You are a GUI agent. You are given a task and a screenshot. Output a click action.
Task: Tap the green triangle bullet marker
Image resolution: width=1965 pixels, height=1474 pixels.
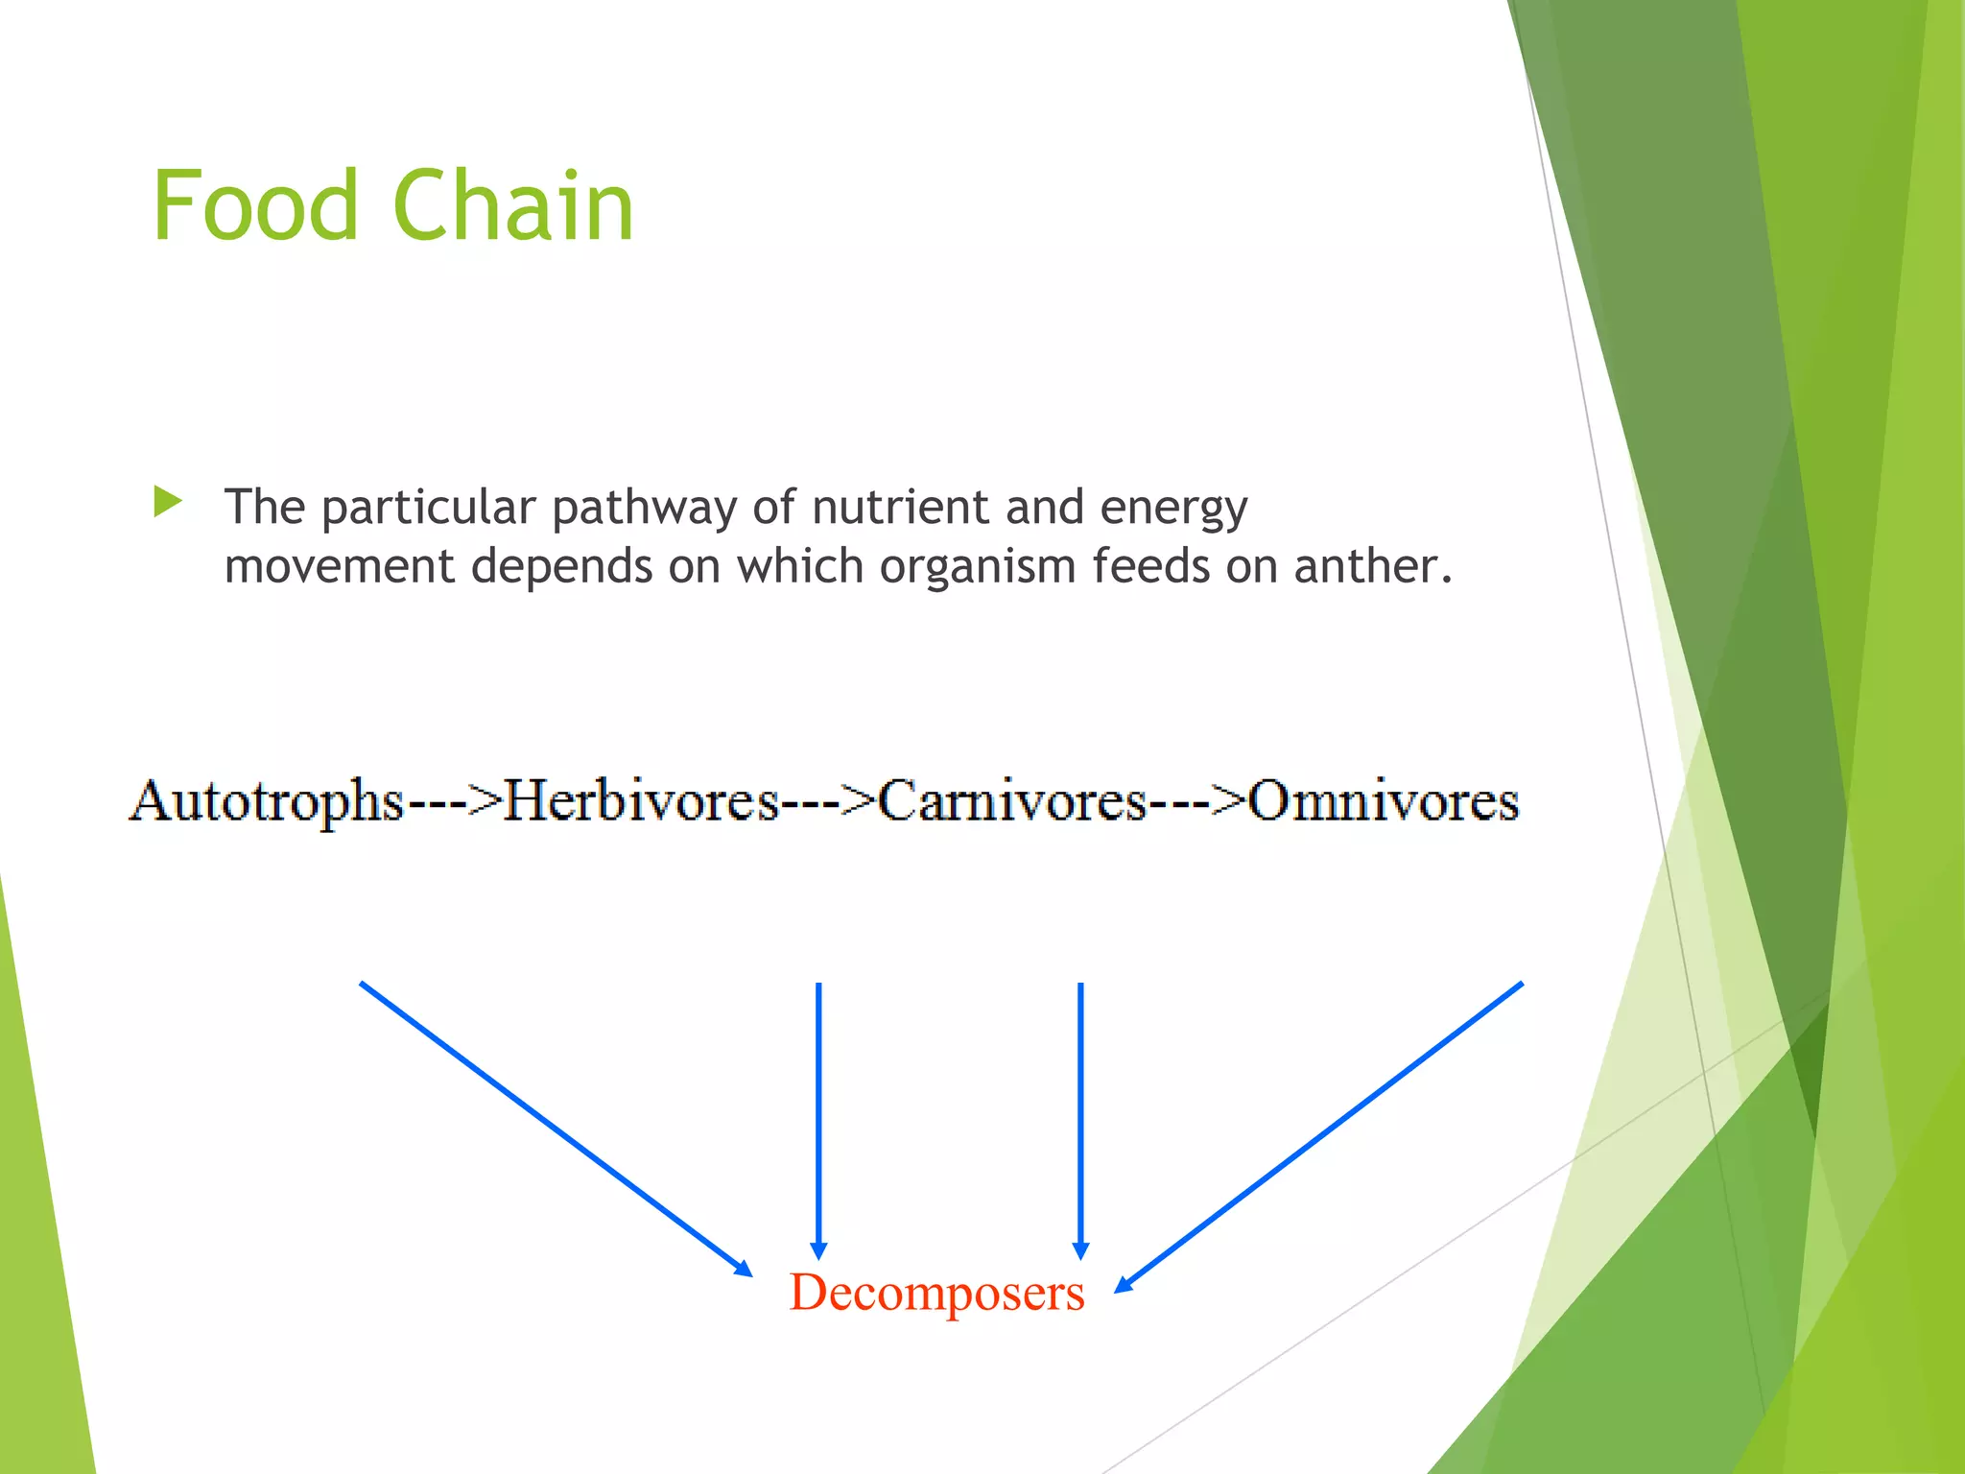tap(167, 501)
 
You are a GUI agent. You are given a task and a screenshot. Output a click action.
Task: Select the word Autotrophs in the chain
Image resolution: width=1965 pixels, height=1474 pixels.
tap(267, 801)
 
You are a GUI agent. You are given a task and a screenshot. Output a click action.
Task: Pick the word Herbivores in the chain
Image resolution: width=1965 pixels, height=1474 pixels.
tap(641, 801)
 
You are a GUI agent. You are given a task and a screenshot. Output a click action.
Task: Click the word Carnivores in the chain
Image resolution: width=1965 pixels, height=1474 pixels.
tap(1012, 801)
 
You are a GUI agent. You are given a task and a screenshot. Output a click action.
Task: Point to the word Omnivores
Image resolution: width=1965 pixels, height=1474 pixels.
tap(1384, 801)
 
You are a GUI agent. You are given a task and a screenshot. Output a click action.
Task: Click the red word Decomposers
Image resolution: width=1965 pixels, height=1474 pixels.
tap(936, 1293)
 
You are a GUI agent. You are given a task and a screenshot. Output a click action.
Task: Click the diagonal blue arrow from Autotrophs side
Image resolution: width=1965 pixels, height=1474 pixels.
tap(555, 1129)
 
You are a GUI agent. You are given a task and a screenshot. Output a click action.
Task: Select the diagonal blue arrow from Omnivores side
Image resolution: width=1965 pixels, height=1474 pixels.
tap(1319, 1137)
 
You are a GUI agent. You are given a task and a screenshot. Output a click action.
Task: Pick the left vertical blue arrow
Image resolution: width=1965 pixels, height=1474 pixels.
tap(818, 1118)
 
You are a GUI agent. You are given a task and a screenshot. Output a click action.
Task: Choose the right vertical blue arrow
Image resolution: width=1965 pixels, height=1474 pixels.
tap(1080, 1118)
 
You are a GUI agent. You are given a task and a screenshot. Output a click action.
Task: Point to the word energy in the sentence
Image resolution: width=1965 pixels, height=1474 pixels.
tap(1173, 509)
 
